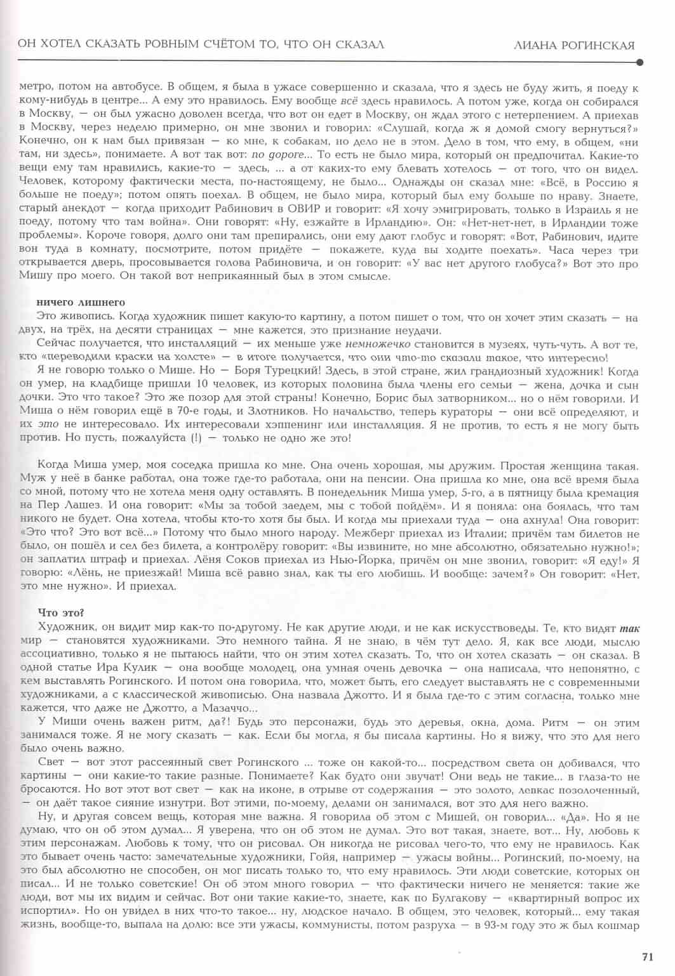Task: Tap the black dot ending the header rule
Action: pyautogui.click(x=639, y=62)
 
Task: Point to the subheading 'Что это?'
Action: pyautogui.click(x=61, y=612)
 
